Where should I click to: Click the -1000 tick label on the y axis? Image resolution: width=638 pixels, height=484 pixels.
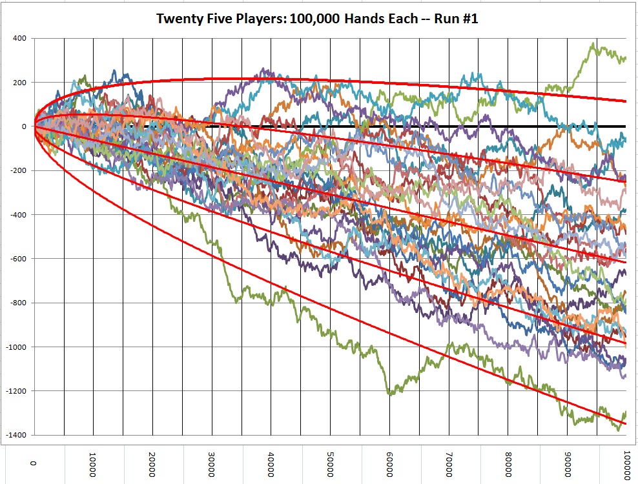point(15,347)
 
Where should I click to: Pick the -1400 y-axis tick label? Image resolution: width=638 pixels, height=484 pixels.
point(15,435)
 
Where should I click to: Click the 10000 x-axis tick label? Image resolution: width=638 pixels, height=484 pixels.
point(93,463)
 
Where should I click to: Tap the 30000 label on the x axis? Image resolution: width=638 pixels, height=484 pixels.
point(212,463)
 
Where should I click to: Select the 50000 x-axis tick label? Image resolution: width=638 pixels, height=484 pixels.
point(330,463)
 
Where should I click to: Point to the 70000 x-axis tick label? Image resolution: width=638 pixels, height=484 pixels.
point(449,463)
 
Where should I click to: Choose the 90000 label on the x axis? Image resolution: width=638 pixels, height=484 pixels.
point(567,463)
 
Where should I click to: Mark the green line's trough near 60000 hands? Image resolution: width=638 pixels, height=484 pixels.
point(389,393)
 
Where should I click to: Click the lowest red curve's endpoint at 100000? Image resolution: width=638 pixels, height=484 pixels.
point(626,424)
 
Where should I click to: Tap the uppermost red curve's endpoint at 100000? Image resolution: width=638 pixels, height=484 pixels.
point(626,101)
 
